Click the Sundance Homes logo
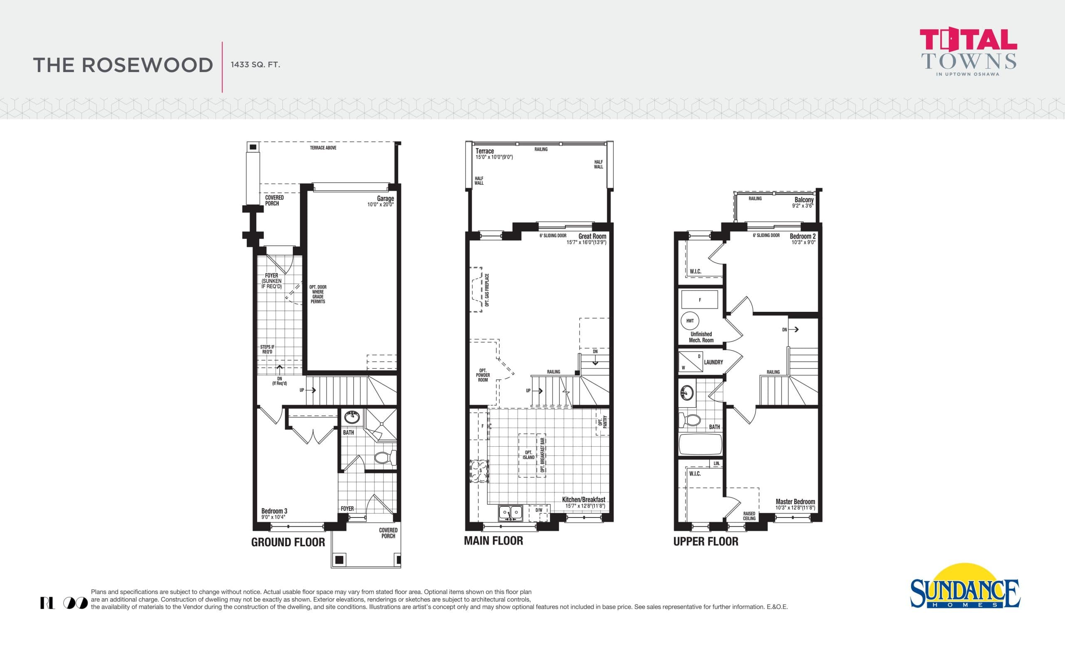coord(965,590)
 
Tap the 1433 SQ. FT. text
coord(255,65)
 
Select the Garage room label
coord(385,199)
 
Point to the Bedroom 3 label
coord(274,511)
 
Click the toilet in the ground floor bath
coord(384,457)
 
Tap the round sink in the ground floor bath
coord(352,418)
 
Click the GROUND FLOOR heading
coord(288,542)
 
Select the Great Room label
coord(592,236)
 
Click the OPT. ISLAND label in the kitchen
coord(528,455)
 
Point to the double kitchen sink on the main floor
coord(510,513)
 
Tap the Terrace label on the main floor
coord(485,151)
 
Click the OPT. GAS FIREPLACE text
coord(487,290)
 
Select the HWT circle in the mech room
coord(690,321)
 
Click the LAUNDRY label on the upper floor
coord(713,362)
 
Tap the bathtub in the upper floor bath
coord(700,444)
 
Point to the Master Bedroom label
coord(795,502)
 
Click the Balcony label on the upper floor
coord(804,200)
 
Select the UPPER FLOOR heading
coord(706,542)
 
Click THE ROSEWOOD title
coord(123,65)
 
